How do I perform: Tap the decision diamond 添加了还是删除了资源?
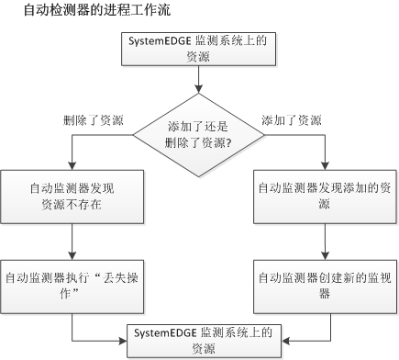pos(198,134)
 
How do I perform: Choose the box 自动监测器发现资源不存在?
pos(72,195)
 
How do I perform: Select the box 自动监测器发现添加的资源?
pos(325,195)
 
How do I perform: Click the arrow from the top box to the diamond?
pos(199,84)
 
